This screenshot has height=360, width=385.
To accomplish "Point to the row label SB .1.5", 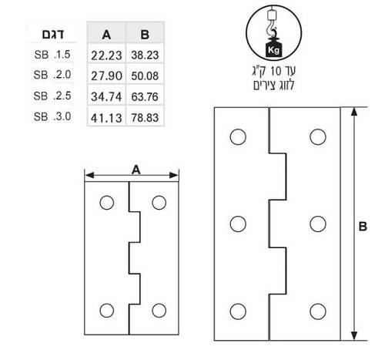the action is pyautogui.click(x=52, y=55).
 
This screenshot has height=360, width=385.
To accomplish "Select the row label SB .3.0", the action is pyautogui.click(x=52, y=116).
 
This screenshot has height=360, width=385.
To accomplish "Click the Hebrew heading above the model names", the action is pyautogui.click(x=53, y=35).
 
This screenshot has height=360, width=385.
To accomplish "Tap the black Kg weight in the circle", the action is pyautogui.click(x=273, y=48).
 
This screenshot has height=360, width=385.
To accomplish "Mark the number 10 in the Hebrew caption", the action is pyautogui.click(x=276, y=71).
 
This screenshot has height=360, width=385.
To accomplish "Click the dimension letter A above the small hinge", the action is pyautogui.click(x=136, y=170).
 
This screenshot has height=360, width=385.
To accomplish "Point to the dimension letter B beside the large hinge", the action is pyautogui.click(x=363, y=227).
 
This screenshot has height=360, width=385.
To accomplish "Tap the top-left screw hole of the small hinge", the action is pyautogui.click(x=107, y=203).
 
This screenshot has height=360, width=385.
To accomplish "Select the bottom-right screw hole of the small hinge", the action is pyautogui.click(x=159, y=311).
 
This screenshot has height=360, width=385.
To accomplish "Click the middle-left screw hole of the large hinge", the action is pyautogui.click(x=238, y=224).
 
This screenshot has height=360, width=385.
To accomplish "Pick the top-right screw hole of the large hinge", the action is pyautogui.click(x=318, y=136).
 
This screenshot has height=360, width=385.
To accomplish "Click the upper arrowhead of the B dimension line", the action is pyautogui.click(x=354, y=113).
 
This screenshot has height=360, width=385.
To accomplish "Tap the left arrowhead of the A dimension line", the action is pyautogui.click(x=89, y=176).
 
